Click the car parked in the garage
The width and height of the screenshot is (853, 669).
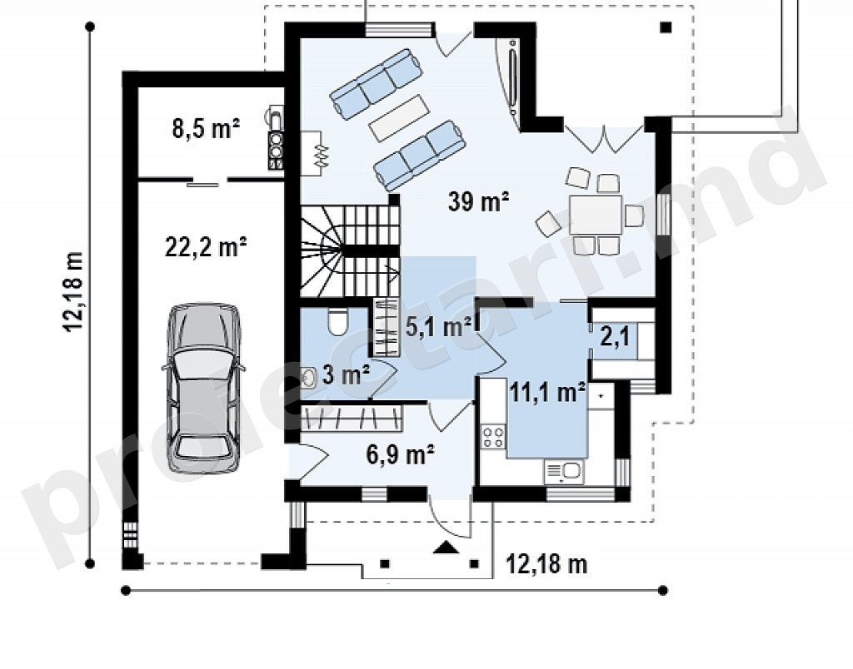(x=203, y=388)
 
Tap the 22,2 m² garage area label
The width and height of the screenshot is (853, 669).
(x=206, y=247)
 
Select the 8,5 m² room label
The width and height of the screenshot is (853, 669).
(x=206, y=129)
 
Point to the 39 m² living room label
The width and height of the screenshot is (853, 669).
(x=478, y=201)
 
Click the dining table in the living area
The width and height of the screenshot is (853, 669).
(x=596, y=216)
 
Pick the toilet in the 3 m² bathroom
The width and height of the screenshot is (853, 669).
(x=337, y=322)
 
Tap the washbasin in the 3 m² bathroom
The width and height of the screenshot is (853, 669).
(x=308, y=378)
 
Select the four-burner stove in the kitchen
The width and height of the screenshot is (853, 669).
(x=493, y=438)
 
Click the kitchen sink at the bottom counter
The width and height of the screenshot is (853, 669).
(x=563, y=472)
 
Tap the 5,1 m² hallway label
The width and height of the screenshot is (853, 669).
(x=438, y=327)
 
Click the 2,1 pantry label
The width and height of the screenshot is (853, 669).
(x=615, y=337)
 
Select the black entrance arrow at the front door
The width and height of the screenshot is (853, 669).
(x=446, y=548)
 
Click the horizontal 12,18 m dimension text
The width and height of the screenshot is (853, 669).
(x=546, y=564)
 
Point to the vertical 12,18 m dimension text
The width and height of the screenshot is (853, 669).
(x=74, y=291)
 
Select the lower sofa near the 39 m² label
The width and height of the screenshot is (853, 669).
(x=420, y=156)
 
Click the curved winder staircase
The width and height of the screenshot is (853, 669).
(x=348, y=251)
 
